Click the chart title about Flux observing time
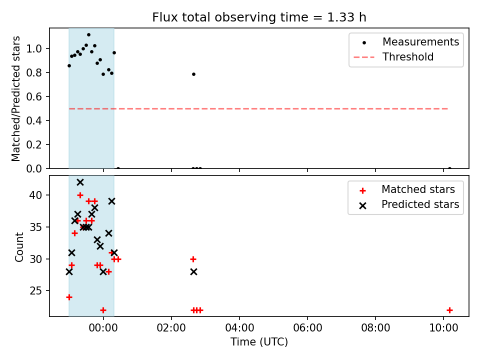click(x=259, y=17)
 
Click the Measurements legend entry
click(x=420, y=42)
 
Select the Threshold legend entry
click(x=408, y=57)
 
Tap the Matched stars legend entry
click(x=418, y=189)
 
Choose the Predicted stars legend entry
click(x=420, y=204)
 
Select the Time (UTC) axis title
click(x=259, y=342)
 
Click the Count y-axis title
click(x=19, y=246)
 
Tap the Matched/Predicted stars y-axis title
click(x=16, y=98)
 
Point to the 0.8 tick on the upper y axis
click(x=38, y=72)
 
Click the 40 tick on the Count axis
click(x=40, y=195)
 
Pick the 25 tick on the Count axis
click(x=40, y=290)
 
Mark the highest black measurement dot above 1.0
click(x=88, y=35)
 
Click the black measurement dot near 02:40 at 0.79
click(x=193, y=74)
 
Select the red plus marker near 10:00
click(x=449, y=310)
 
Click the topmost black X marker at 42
click(x=80, y=182)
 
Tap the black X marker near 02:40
click(x=193, y=271)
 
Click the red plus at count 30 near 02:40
click(x=193, y=259)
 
